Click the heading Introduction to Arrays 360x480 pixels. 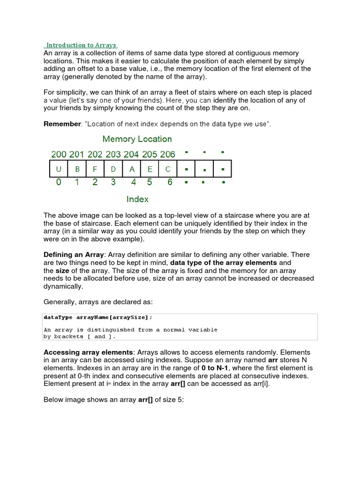[80, 45]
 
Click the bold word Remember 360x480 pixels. [62, 124]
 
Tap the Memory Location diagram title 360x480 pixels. [137, 139]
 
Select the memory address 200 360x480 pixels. [59, 154]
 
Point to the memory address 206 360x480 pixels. [167, 154]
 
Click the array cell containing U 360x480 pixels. [59, 169]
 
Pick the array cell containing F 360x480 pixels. [95, 169]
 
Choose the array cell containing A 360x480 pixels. [132, 169]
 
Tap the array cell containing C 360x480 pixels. [168, 169]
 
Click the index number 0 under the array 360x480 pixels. [59, 182]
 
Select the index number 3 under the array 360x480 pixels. [113, 182]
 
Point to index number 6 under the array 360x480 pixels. [170, 182]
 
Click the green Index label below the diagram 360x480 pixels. [137, 199]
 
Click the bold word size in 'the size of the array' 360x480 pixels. [62, 271]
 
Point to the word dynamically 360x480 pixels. [63, 286]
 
